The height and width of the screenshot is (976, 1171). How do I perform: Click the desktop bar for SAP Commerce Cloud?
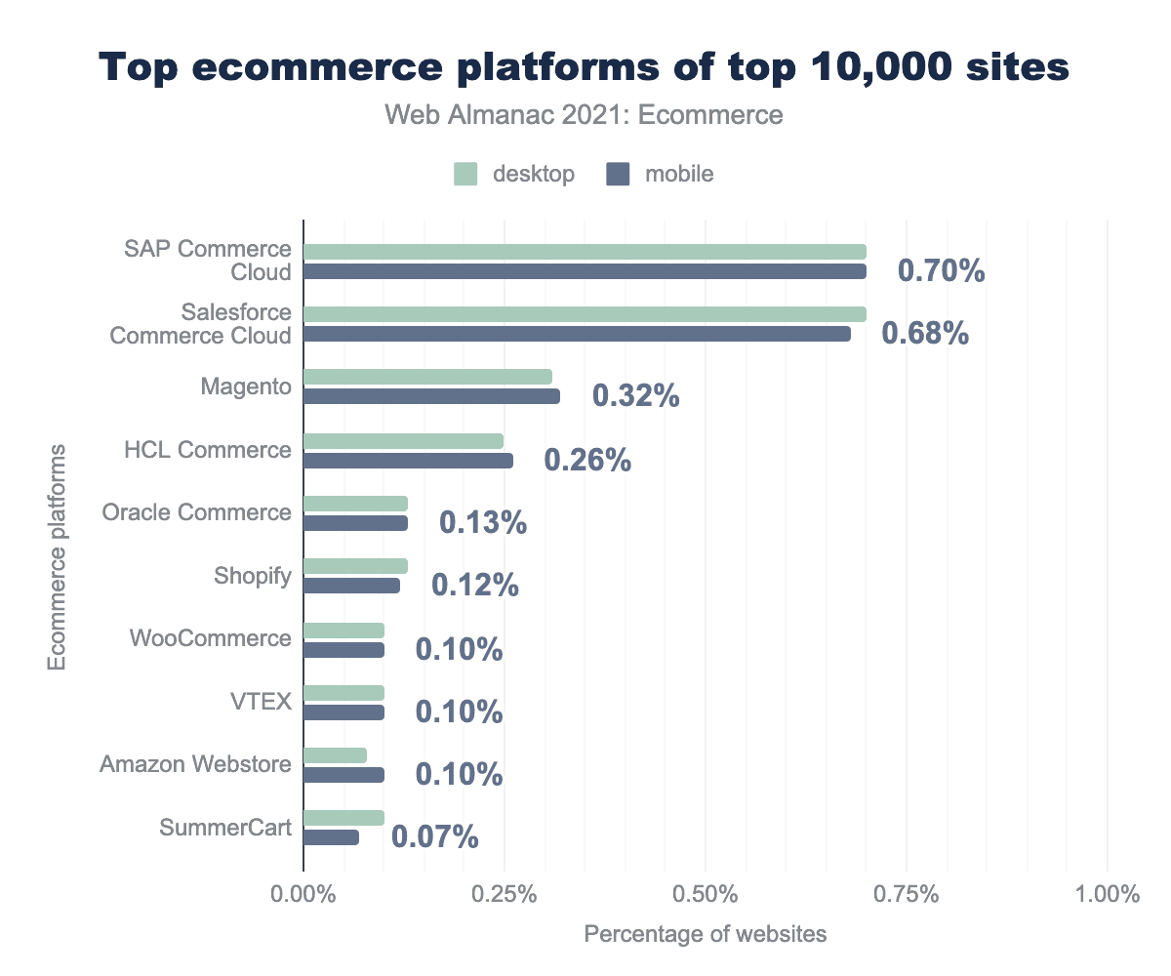tap(585, 252)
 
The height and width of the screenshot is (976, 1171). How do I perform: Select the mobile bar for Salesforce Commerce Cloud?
tap(577, 334)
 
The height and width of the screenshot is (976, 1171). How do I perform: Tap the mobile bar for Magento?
tap(431, 396)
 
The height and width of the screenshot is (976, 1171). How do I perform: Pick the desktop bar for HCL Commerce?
tap(403, 441)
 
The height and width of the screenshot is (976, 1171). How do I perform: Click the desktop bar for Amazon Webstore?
tap(335, 755)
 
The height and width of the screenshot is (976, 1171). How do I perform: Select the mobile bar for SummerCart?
tap(331, 837)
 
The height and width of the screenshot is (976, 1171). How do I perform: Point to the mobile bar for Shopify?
tap(351, 586)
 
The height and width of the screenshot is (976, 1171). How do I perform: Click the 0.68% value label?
tap(925, 334)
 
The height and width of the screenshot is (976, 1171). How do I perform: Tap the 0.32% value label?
tap(635, 396)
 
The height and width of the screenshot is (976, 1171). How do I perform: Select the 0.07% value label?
tap(434, 837)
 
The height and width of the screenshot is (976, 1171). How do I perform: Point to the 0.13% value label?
tap(483, 523)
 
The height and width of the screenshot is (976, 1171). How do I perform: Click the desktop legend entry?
tap(514, 175)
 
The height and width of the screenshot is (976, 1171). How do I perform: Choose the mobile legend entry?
tap(661, 175)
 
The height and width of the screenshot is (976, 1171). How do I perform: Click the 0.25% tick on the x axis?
tap(505, 895)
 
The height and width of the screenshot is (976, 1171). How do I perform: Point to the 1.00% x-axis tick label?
tap(1107, 895)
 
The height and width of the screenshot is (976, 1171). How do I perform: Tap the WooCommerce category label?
tap(211, 639)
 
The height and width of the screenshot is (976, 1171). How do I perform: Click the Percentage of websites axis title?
tap(705, 935)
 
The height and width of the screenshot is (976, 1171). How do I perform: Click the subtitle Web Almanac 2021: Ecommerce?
tap(585, 115)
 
